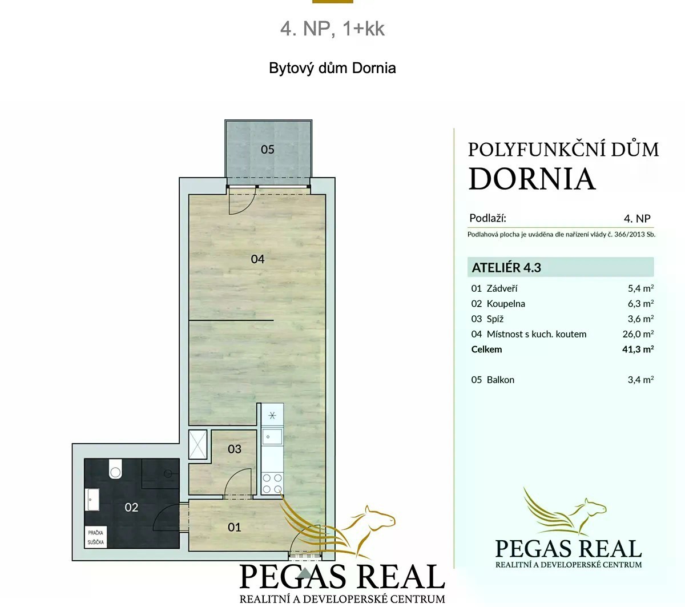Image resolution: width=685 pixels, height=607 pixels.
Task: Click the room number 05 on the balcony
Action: [x=267, y=150]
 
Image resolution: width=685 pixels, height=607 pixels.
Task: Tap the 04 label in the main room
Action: [x=257, y=259]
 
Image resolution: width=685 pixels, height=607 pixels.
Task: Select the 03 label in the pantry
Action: [x=234, y=449]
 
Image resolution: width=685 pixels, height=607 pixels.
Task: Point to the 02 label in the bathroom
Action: [x=131, y=507]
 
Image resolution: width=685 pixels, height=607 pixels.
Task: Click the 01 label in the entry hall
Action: [x=234, y=527]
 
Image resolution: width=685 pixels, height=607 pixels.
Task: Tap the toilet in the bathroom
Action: [x=115, y=469]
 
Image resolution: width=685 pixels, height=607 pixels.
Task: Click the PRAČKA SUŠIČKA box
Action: [x=96, y=537]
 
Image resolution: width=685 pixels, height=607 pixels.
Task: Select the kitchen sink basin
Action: [x=272, y=437]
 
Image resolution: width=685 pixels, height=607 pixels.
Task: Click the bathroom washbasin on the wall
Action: [x=93, y=500]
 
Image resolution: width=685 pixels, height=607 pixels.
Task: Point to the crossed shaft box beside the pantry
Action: [x=198, y=444]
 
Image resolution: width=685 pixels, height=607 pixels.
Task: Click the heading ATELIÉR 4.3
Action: [x=506, y=267]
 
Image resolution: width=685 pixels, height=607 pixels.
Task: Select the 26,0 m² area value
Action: [x=638, y=334]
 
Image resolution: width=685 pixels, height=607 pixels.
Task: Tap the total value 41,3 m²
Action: [x=638, y=349]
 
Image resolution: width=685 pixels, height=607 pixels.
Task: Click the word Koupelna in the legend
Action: [x=506, y=304]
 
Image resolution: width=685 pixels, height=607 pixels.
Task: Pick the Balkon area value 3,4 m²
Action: [x=640, y=380]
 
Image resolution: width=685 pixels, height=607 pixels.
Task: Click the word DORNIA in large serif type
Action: [x=532, y=179]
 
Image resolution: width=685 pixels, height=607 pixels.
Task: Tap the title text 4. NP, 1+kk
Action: [x=332, y=29]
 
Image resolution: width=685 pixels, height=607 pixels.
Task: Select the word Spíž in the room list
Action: [x=495, y=319]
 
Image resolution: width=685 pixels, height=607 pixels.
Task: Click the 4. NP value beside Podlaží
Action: [x=637, y=219]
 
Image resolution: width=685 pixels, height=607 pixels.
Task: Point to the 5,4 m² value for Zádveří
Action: [x=640, y=288]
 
